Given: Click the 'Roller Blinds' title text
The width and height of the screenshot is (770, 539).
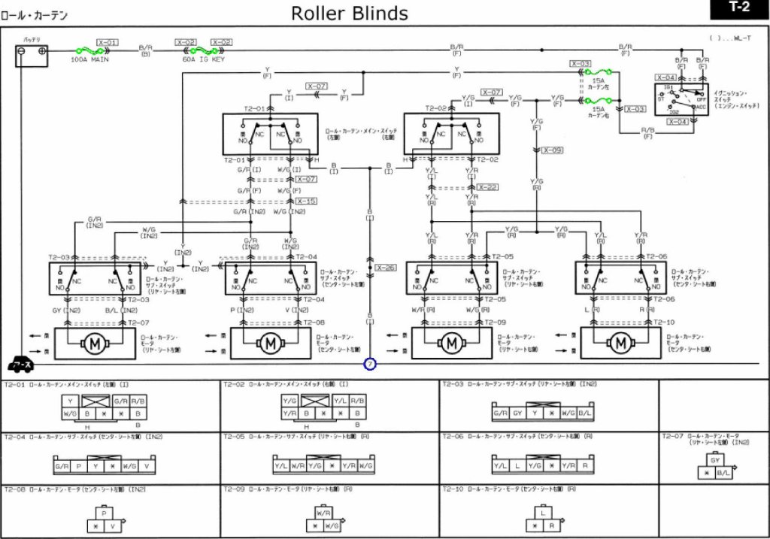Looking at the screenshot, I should tap(350, 13).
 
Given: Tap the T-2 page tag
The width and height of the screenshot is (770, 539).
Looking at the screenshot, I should tap(739, 8).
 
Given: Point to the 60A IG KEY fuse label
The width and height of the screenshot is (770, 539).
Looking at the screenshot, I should tap(203, 59).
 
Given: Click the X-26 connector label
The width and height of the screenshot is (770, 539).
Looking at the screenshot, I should tap(385, 268).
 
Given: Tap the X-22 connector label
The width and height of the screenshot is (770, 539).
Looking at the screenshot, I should tap(487, 187).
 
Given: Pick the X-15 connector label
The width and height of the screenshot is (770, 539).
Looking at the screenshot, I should tap(306, 201).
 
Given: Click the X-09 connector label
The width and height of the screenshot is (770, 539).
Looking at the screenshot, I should tap(552, 150).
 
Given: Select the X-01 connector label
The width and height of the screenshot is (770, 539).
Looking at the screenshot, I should tap(108, 42).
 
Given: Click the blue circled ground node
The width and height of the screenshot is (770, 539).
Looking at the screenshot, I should tap(370, 365).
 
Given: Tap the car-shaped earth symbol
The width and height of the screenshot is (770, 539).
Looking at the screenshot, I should tap(20, 365).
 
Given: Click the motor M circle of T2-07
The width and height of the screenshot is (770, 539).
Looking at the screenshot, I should tap(95, 344).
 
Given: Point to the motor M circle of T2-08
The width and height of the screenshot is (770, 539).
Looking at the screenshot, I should tap(270, 344).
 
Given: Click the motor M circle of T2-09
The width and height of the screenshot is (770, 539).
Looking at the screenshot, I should tap(451, 344).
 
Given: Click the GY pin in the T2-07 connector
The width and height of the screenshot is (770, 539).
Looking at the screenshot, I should tap(715, 460).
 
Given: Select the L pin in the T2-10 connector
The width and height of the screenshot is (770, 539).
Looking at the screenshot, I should tap(542, 513).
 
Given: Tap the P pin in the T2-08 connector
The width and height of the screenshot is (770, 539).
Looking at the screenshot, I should tap(105, 513).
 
